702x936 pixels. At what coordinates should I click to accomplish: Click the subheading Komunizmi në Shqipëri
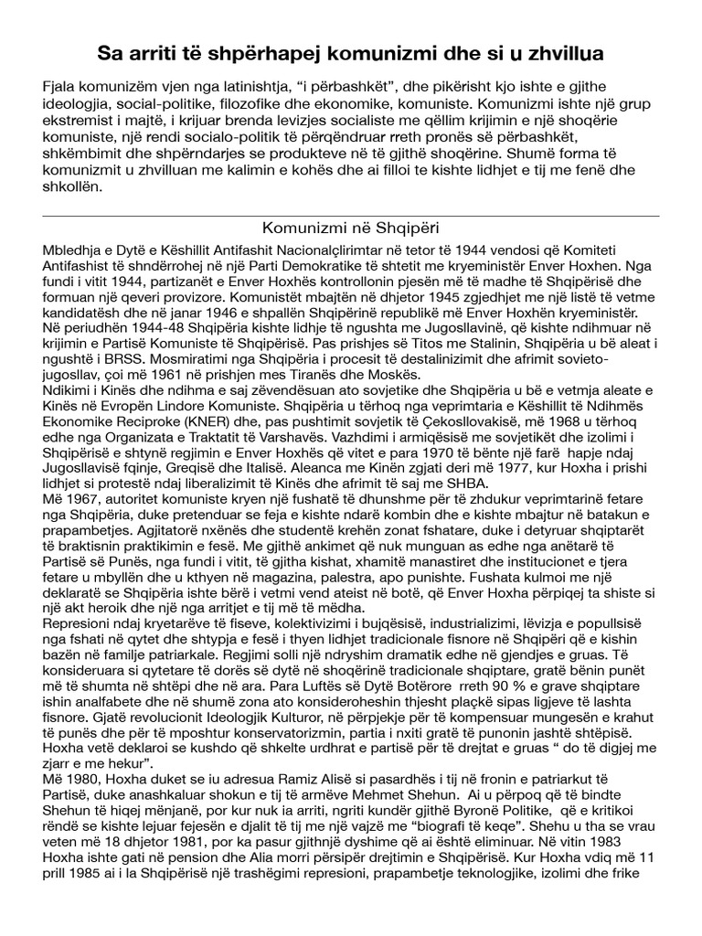click(351, 227)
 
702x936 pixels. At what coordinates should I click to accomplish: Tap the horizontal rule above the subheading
click(351, 217)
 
